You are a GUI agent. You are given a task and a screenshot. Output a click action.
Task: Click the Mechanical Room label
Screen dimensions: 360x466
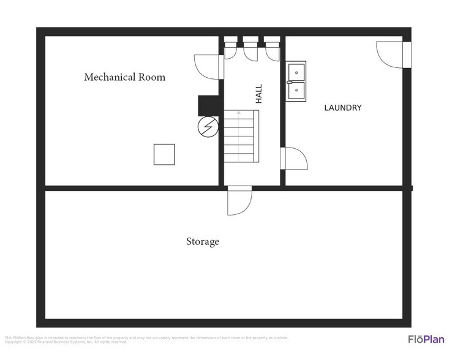click(124, 77)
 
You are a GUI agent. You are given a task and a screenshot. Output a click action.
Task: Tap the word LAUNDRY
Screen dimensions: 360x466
click(343, 108)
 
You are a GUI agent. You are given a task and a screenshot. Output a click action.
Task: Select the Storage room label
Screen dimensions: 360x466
click(203, 242)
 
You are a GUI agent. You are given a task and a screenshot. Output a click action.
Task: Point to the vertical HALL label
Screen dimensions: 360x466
click(258, 93)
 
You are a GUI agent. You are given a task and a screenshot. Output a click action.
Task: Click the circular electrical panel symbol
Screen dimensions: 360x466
click(208, 127)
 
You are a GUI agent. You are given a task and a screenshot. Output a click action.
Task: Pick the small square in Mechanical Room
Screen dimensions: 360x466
click(163, 154)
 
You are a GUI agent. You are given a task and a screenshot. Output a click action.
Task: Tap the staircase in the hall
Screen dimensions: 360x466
click(240, 137)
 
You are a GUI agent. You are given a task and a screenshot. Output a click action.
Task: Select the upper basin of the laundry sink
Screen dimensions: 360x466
click(297, 72)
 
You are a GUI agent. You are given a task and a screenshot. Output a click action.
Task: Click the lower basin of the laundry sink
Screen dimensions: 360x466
click(297, 90)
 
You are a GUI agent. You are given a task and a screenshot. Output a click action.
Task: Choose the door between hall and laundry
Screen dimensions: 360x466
click(292, 158)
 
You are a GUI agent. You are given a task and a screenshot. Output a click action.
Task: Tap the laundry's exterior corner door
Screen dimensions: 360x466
click(390, 54)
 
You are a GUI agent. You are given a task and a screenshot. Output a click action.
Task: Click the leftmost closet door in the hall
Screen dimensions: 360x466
click(231, 50)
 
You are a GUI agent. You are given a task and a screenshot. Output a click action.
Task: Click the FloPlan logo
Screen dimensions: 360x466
click(426, 339)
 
